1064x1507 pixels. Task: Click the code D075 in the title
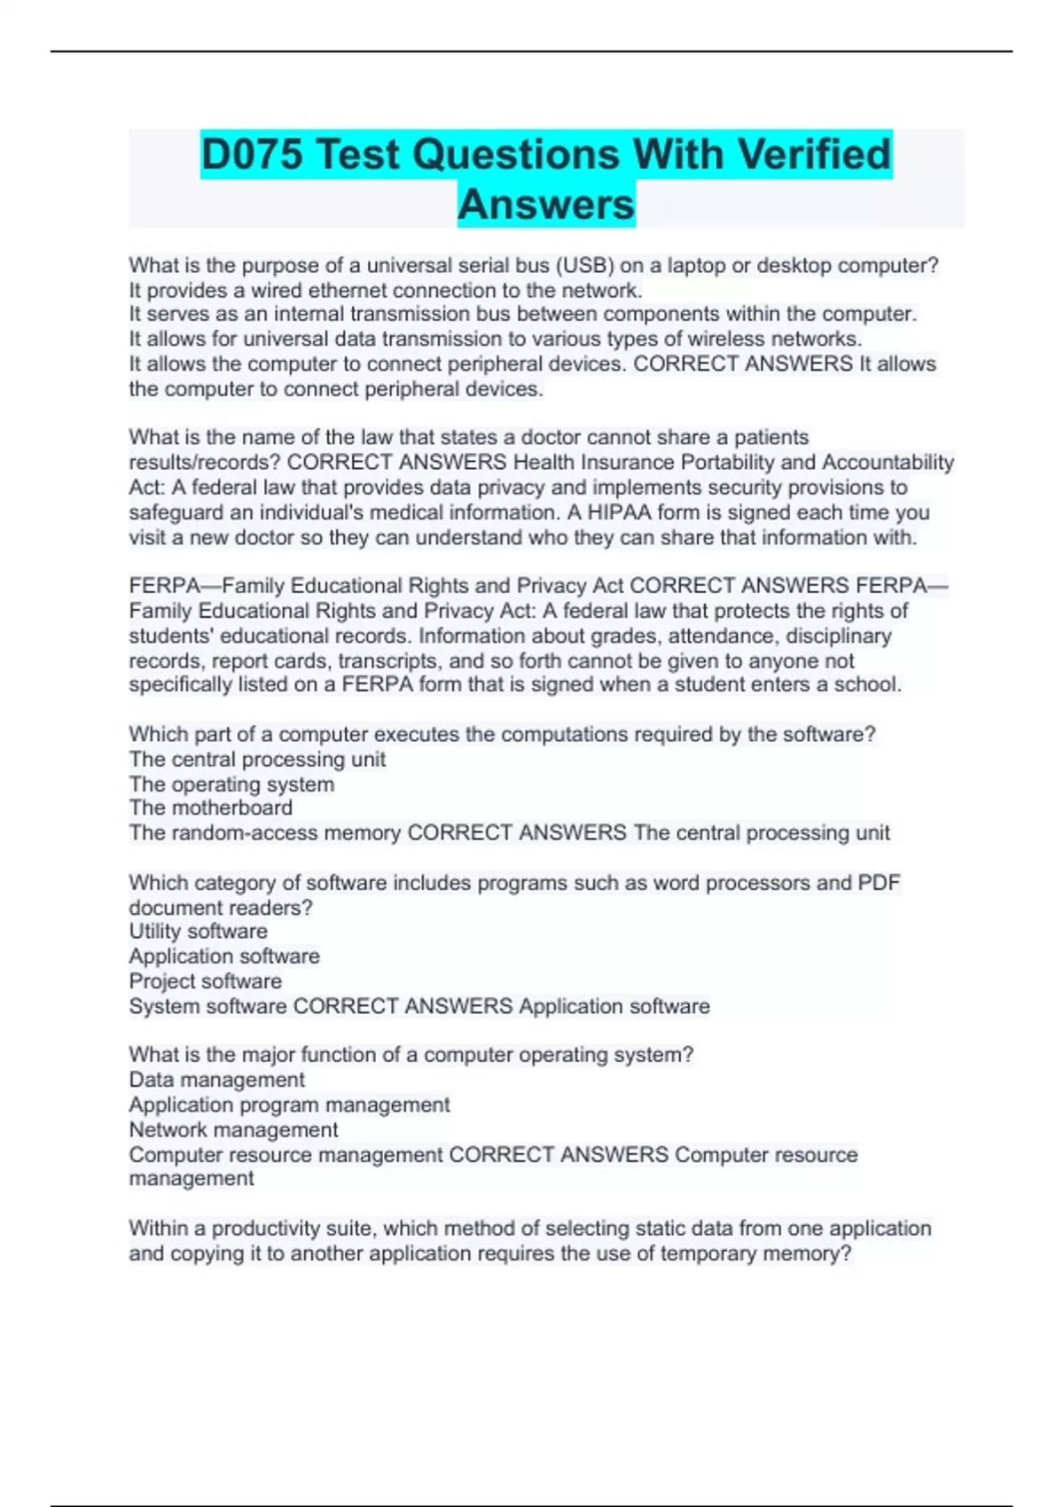tap(253, 154)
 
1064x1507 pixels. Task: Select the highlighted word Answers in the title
tap(546, 205)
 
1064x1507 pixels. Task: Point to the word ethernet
tap(347, 290)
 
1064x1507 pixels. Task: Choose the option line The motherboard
tap(211, 808)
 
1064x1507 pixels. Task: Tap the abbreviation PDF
tap(879, 883)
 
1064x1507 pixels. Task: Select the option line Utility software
tap(199, 931)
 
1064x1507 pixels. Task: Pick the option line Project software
tap(206, 981)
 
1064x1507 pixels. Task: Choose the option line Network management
tap(234, 1129)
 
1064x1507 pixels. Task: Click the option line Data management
tap(217, 1080)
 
